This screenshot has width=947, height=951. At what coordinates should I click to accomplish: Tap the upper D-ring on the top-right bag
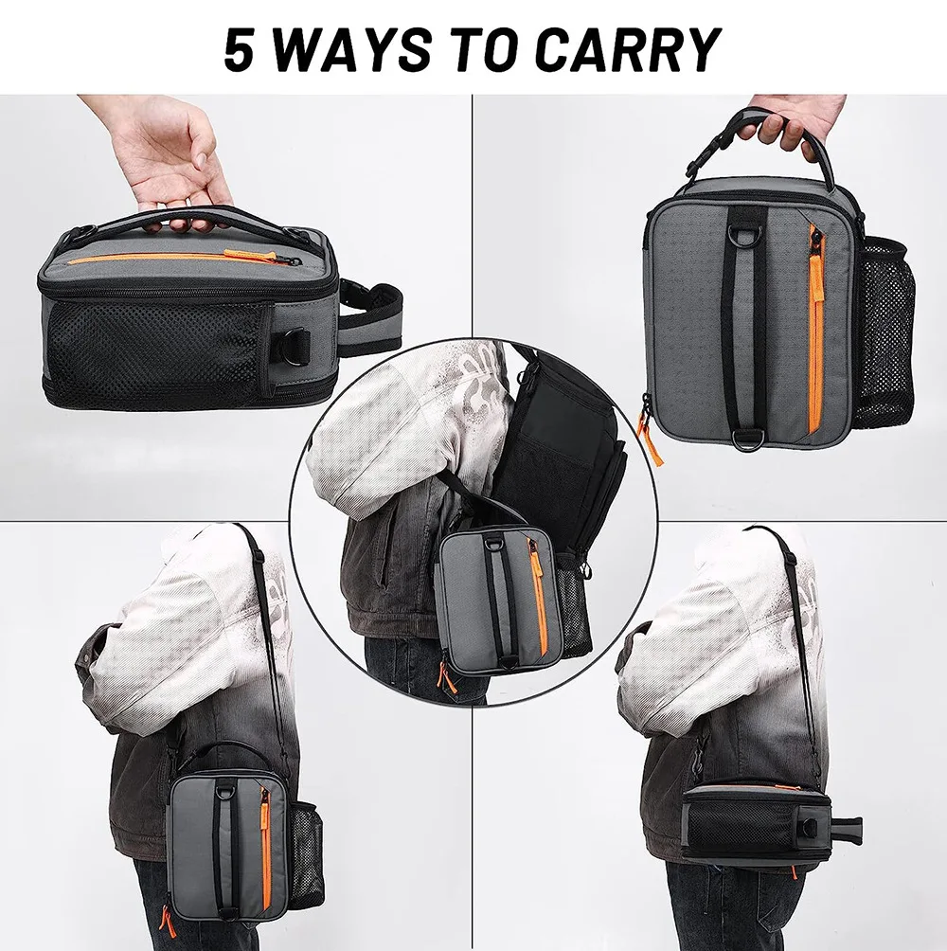pos(745,211)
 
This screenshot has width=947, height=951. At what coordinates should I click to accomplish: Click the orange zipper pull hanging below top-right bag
pos(650,439)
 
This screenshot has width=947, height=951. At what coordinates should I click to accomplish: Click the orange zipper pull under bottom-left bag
pos(168,921)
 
